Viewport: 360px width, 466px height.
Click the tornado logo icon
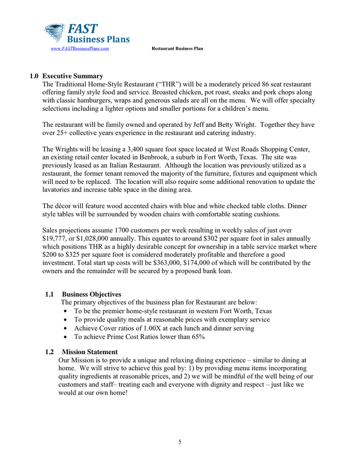click(x=54, y=32)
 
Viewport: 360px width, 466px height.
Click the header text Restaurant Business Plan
click(x=177, y=49)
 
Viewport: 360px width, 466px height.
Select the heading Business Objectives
click(x=92, y=295)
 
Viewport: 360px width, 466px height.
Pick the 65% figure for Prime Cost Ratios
click(x=197, y=337)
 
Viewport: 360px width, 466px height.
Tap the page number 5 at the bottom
click(x=179, y=442)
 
